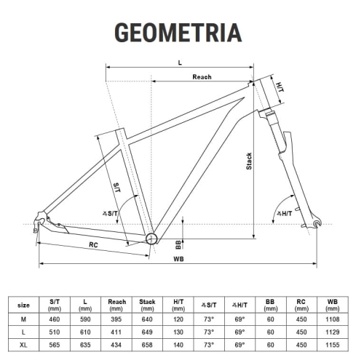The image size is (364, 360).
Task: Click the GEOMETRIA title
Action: (178, 33)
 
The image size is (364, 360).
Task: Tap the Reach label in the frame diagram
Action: (202, 77)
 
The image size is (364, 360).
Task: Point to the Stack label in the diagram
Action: (249, 161)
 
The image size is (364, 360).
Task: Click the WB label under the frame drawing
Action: (178, 259)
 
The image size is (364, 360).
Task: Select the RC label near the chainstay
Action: (93, 244)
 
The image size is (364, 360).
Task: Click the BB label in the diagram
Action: (178, 244)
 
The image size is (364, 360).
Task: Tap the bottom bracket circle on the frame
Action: (151, 239)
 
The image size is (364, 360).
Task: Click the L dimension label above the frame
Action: (180, 63)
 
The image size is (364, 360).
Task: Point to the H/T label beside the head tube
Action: (280, 87)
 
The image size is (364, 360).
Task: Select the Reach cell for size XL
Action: (116, 345)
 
